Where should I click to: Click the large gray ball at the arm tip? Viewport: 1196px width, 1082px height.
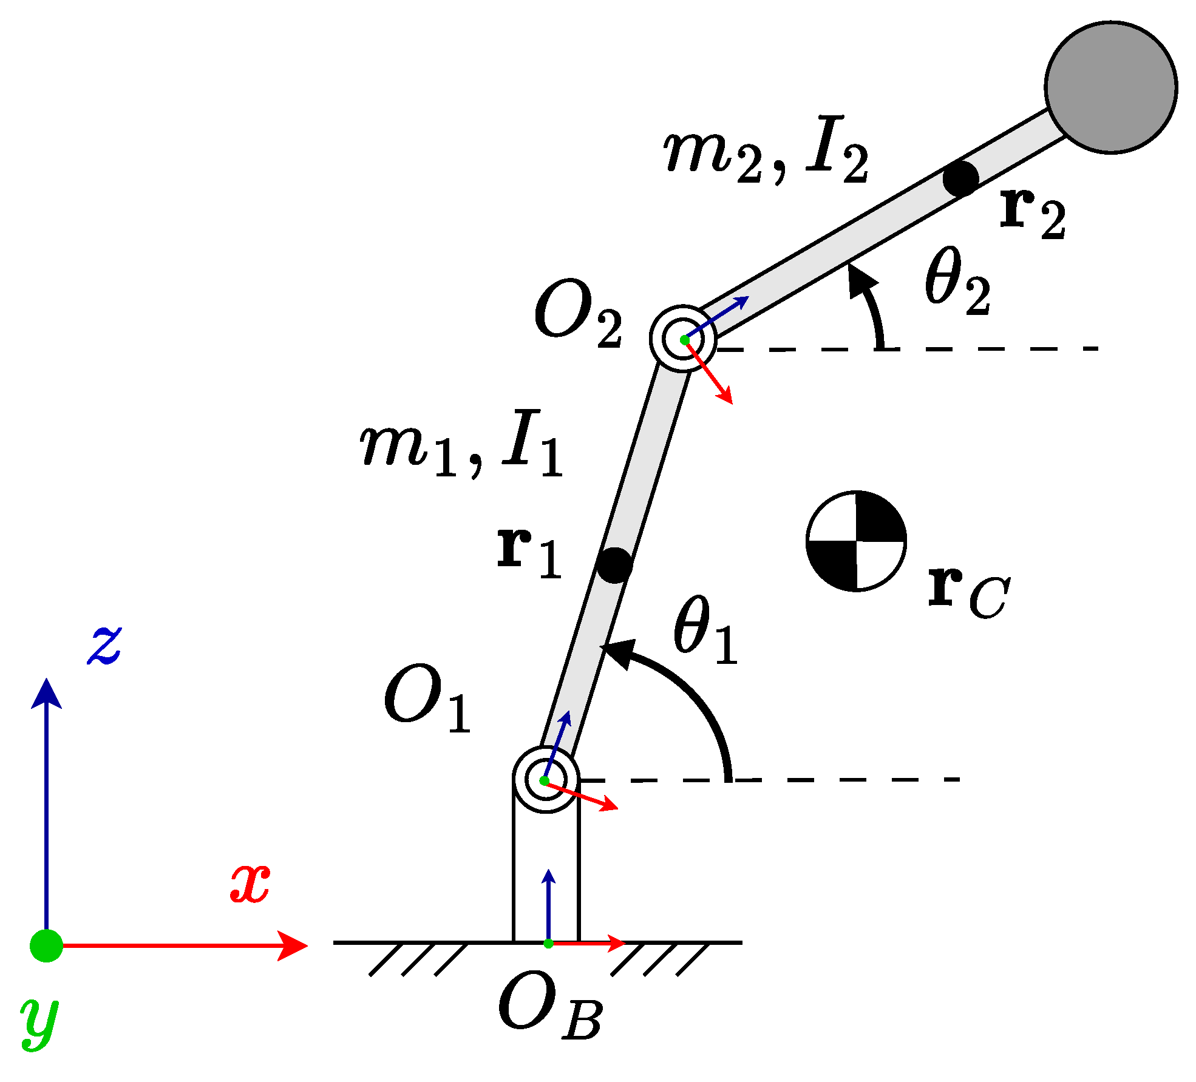click(x=1111, y=87)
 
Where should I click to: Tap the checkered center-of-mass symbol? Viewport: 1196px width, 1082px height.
click(x=856, y=541)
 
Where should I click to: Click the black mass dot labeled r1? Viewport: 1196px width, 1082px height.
click(x=614, y=565)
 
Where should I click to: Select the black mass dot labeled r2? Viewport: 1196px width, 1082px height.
click(x=960, y=178)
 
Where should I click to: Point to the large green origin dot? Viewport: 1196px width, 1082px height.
click(x=46, y=945)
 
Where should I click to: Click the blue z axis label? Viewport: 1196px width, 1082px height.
click(x=104, y=646)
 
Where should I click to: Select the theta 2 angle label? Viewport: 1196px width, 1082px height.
click(x=957, y=282)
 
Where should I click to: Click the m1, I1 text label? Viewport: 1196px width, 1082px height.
click(x=461, y=445)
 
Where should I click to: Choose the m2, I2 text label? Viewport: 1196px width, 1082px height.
click(x=765, y=150)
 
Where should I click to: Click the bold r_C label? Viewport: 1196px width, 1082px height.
click(x=968, y=591)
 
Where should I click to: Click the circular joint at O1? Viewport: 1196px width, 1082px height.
click(x=545, y=780)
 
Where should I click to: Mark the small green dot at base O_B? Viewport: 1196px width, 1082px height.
click(x=548, y=944)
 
